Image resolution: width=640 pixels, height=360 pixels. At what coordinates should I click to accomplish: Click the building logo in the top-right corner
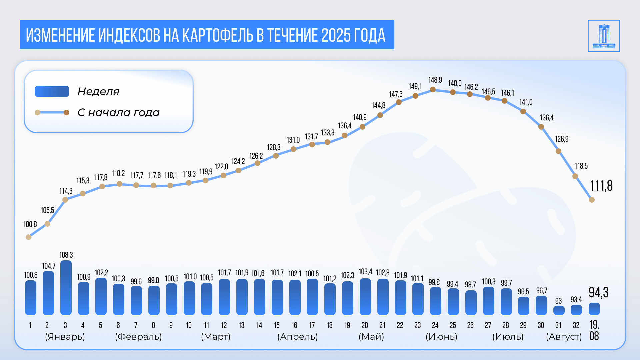click(604, 36)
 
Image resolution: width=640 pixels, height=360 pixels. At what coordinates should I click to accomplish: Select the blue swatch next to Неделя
click(52, 91)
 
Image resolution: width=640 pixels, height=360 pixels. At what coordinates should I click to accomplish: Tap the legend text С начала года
click(118, 113)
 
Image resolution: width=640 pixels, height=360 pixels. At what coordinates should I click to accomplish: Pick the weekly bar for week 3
click(66, 288)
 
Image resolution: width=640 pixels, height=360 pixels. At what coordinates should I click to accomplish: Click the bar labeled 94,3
click(594, 309)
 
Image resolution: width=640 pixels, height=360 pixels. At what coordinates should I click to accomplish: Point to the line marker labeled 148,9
click(433, 90)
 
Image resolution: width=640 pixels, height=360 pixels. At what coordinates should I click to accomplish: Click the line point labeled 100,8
click(29, 237)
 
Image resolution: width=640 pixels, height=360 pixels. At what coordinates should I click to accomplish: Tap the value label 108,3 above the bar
click(66, 255)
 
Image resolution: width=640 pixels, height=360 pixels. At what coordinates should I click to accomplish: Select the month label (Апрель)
click(297, 337)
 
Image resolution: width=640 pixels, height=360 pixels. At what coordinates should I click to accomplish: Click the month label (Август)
click(564, 337)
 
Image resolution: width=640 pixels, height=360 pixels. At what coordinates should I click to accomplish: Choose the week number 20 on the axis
click(365, 325)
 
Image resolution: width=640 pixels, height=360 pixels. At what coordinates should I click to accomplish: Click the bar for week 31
click(559, 310)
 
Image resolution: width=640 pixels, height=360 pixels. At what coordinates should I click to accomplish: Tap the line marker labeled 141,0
click(523, 112)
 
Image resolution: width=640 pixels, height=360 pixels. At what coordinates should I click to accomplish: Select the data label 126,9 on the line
click(562, 139)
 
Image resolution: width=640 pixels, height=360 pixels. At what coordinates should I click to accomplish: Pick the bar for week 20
click(365, 297)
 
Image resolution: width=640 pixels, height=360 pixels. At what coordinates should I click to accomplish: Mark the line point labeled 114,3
click(65, 200)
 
